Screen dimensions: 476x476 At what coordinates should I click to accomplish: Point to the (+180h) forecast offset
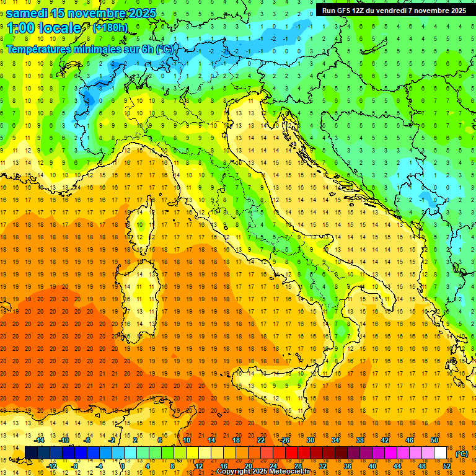tap(110, 28)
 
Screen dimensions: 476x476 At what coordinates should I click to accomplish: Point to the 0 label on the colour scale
tap(122, 466)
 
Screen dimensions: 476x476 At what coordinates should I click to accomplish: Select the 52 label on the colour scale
tap(447, 466)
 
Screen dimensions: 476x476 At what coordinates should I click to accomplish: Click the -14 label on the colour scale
tap(40, 440)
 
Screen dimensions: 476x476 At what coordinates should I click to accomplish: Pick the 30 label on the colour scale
tap(310, 440)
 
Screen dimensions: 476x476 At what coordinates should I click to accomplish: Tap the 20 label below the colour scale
tap(248, 466)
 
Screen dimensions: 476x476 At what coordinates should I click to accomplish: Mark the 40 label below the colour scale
tap(372, 466)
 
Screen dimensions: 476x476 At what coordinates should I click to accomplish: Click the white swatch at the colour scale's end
tap(441, 453)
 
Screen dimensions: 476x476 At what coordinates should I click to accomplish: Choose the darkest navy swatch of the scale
tap(31, 453)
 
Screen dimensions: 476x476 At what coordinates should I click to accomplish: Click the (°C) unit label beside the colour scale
tap(462, 454)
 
